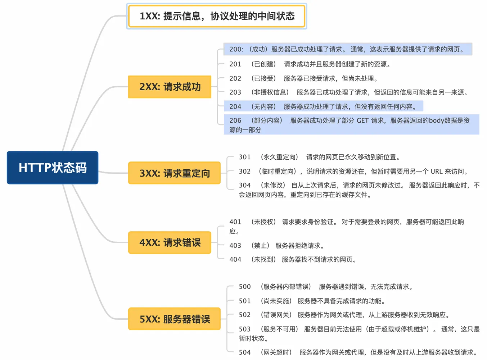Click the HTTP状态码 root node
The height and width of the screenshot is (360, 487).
(53, 168)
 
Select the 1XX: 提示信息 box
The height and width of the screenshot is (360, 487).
(217, 16)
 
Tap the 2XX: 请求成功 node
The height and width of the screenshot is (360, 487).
(170, 87)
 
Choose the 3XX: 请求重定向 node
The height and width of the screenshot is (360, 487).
(174, 173)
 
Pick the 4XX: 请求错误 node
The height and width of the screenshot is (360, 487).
(170, 243)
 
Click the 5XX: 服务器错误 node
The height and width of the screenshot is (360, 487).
(174, 319)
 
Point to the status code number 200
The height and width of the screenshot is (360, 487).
(236, 49)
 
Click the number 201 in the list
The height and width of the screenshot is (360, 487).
(235, 64)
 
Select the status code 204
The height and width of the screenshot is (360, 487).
(235, 106)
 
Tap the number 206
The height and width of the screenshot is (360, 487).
(235, 120)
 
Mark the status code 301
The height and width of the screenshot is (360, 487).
(244, 157)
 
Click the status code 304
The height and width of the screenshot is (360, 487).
(244, 185)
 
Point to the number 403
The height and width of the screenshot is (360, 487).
(235, 246)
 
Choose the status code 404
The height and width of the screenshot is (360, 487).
(235, 259)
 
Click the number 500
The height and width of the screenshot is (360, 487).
(244, 287)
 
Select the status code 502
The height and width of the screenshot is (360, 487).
(244, 315)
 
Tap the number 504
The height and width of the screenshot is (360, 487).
(244, 352)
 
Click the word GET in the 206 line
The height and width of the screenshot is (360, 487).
(362, 120)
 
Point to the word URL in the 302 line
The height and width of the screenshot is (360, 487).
(437, 172)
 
